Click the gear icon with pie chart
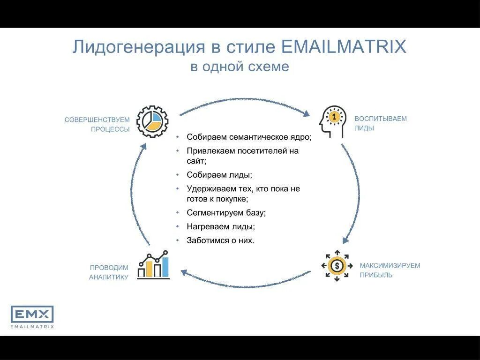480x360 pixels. (x=152, y=121)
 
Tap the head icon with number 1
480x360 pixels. (x=333, y=121)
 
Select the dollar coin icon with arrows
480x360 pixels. (x=336, y=266)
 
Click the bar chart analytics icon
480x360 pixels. (x=153, y=265)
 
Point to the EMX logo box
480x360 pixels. (x=32, y=314)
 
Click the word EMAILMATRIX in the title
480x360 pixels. (x=344, y=47)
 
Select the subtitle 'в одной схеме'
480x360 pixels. (x=240, y=67)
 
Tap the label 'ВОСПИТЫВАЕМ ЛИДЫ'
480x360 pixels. (x=380, y=123)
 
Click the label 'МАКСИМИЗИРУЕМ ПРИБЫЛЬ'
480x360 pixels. (x=390, y=270)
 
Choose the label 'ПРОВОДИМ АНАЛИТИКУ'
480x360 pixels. (x=109, y=272)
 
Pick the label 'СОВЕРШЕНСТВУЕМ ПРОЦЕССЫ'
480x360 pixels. (x=97, y=125)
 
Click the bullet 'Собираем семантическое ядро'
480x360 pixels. (x=249, y=137)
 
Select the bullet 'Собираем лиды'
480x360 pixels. (x=219, y=175)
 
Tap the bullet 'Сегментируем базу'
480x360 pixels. (x=226, y=212)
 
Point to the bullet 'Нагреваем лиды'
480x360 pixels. (x=221, y=226)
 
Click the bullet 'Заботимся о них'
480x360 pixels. (x=220, y=240)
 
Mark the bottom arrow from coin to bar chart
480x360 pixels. (x=245, y=283)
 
